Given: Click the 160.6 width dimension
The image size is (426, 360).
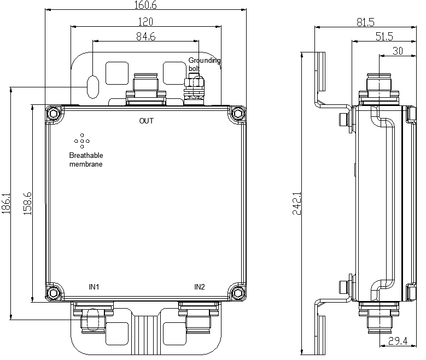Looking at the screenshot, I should (145, 5).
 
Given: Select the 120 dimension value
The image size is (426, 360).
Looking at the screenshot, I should (145, 22).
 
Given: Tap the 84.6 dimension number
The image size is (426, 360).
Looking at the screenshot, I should (145, 37).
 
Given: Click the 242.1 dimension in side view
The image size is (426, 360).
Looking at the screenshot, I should (297, 203).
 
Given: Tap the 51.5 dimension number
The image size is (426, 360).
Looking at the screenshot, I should (384, 37).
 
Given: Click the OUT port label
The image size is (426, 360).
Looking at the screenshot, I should (147, 121).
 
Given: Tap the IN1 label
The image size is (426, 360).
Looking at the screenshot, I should (94, 287).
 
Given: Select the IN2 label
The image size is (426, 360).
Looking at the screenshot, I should (200, 287).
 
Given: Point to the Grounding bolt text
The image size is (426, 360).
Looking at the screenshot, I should (204, 64).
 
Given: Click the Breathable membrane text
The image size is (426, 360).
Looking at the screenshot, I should (86, 160).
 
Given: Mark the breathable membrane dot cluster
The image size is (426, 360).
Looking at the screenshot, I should (82, 141).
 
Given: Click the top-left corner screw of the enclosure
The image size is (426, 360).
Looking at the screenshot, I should (53, 114).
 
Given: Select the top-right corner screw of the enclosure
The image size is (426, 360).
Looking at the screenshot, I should (237, 114).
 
